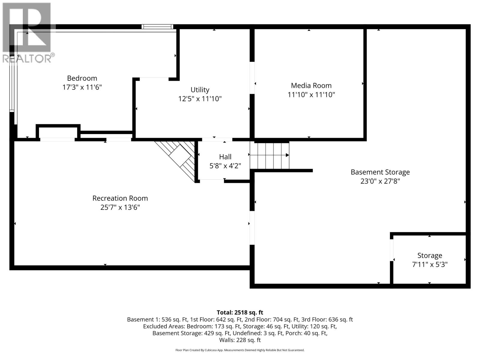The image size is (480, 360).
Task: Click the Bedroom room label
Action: [82, 78]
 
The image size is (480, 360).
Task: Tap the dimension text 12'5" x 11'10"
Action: [200, 99]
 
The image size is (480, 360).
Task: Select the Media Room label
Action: [311, 85]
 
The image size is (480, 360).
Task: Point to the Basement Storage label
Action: [380, 172]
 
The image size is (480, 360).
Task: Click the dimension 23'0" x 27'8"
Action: [380, 181]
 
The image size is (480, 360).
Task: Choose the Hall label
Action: [225, 157]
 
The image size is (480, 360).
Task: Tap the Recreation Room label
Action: [120, 198]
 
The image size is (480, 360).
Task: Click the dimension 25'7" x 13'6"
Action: [120, 207]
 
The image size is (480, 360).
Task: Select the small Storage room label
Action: [430, 256]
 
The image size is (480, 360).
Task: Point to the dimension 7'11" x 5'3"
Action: [430, 265]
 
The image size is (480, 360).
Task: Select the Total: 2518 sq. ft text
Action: [240, 312]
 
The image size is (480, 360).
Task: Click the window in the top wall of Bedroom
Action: [157, 27]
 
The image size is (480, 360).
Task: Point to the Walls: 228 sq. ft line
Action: [240, 340]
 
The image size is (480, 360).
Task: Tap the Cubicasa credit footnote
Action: [240, 350]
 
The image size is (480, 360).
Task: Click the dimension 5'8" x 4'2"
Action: [225, 166]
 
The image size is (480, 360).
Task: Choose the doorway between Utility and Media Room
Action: [252, 78]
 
